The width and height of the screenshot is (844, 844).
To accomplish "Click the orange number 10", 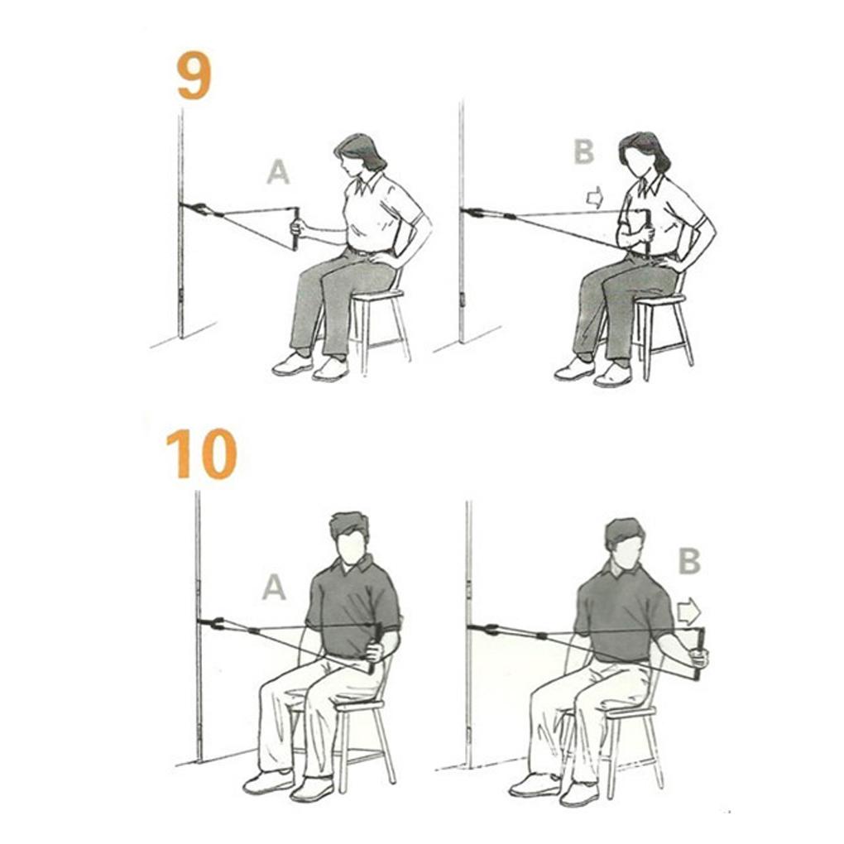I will click(201, 454).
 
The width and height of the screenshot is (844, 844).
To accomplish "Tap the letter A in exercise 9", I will click(278, 172).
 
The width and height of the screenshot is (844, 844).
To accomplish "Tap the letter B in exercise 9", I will click(583, 151).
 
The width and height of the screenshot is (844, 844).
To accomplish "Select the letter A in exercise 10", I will click(274, 587).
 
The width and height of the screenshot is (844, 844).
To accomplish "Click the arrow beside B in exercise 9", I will click(594, 198).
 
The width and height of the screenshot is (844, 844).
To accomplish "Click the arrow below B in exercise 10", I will click(688, 612).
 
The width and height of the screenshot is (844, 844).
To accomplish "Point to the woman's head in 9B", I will click(643, 154).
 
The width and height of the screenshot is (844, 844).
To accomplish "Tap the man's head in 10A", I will click(350, 538).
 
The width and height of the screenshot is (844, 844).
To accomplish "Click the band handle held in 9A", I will click(295, 228).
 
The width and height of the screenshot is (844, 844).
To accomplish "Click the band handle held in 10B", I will click(700, 654).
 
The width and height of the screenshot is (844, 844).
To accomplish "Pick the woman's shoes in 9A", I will click(311, 365).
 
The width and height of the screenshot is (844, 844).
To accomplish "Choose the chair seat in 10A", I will click(356, 704).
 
